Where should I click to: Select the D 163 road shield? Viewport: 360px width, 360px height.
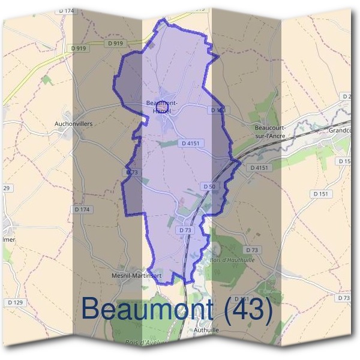218,110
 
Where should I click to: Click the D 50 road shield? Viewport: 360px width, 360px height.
209,187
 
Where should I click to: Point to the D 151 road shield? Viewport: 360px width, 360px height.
321,194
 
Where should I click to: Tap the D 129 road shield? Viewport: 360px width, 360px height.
15,302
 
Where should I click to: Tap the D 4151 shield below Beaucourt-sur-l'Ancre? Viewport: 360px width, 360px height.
261,167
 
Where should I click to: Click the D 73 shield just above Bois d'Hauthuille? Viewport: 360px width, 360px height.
253,249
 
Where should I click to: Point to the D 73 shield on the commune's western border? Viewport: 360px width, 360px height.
132,172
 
